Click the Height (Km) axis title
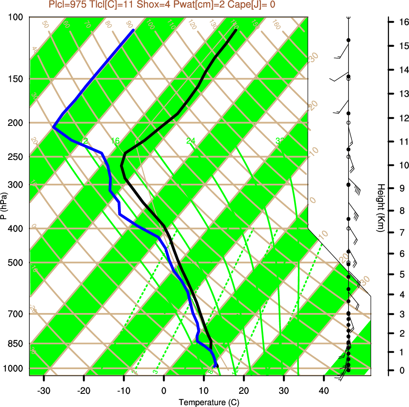(x=381, y=208)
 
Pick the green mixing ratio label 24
(x=191, y=141)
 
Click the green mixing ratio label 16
(x=115, y=141)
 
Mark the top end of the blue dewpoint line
(x=133, y=30)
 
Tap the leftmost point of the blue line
(x=53, y=127)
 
